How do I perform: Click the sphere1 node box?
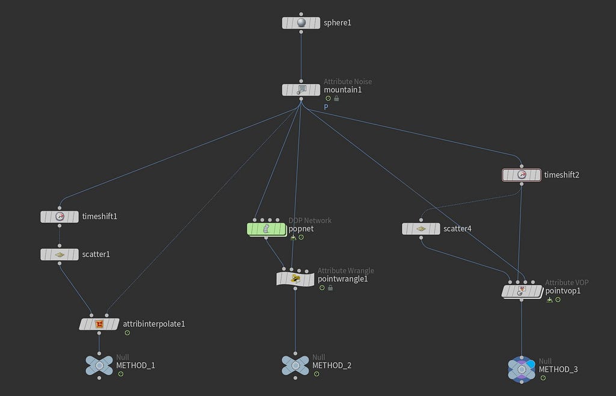point(301,23)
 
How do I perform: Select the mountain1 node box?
point(301,90)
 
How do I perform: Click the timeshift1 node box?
point(60,217)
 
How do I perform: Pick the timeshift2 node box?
point(522,175)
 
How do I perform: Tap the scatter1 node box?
point(60,254)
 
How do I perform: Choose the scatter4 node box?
point(420,229)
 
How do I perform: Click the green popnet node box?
point(266,229)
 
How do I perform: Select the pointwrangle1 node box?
point(295,279)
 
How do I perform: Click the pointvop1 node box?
point(522,291)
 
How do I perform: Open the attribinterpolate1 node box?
point(99,324)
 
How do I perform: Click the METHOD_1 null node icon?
point(99,366)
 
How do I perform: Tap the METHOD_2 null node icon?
point(295,366)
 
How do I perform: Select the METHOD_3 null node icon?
point(522,370)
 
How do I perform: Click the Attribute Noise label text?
point(348,82)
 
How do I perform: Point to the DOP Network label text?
point(310,221)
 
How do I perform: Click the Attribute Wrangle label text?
point(346,271)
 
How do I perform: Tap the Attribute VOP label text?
point(567,282)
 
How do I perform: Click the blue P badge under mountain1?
point(326,107)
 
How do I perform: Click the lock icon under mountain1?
point(336,99)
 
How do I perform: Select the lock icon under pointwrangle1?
point(330,288)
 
